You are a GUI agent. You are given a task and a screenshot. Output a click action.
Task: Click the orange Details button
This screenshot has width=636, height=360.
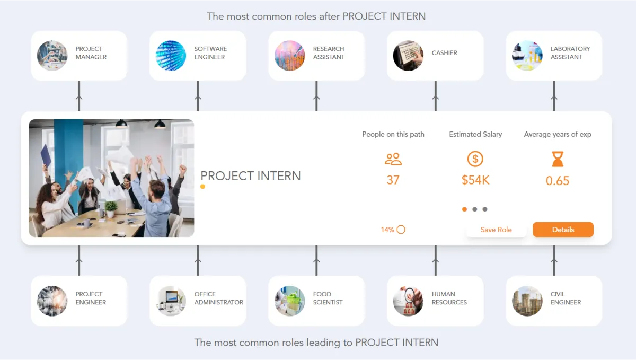click(x=563, y=230)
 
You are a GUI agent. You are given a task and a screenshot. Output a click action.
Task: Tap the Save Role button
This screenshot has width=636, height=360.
click(x=496, y=230)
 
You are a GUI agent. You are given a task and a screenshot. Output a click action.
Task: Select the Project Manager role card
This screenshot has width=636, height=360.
click(x=79, y=56)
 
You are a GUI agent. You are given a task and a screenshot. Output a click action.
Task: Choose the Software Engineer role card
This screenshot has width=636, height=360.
click(x=198, y=56)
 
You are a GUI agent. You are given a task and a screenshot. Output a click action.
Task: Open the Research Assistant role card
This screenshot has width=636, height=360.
click(x=316, y=56)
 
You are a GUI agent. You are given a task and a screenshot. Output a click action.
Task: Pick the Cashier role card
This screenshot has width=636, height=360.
click(x=435, y=56)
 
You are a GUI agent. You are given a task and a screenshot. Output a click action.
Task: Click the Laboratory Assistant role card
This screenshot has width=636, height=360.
click(x=554, y=56)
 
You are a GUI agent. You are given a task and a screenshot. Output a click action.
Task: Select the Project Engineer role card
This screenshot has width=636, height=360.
click(x=79, y=301)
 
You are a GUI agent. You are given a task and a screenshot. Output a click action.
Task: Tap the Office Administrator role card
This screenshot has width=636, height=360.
click(x=198, y=301)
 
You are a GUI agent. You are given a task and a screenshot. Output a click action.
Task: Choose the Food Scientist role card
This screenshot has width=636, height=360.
click(x=316, y=301)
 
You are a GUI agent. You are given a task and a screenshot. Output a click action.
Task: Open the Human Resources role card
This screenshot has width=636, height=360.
click(x=435, y=301)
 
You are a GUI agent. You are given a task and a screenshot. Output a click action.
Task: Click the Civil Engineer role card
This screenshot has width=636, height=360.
click(x=554, y=301)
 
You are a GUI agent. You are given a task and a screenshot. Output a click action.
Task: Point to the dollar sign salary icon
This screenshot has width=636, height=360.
click(x=475, y=159)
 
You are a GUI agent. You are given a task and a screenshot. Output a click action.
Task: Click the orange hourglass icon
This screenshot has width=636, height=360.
click(x=558, y=159)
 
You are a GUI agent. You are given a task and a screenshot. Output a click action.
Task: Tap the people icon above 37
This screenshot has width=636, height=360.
click(x=393, y=159)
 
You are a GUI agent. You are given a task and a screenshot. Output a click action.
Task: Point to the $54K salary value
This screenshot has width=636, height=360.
click(x=475, y=180)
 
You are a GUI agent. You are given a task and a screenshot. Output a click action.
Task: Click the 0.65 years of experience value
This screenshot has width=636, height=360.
click(x=558, y=181)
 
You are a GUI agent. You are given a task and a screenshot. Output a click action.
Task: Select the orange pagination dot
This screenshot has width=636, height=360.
click(x=465, y=209)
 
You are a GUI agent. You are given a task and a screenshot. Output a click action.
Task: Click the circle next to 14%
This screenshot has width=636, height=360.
click(x=401, y=230)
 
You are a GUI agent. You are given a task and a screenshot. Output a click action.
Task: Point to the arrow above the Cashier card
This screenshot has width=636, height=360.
click(x=436, y=98)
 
